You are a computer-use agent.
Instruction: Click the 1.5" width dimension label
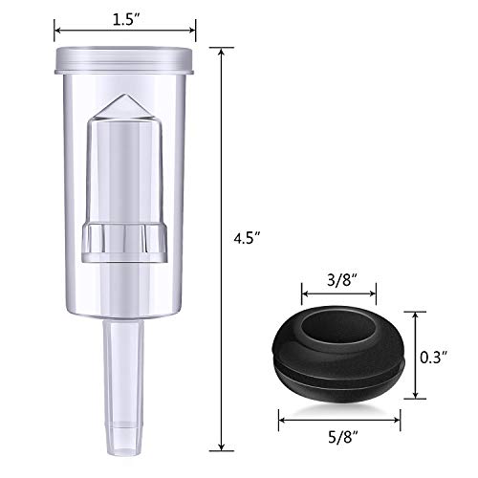click(x=126, y=20)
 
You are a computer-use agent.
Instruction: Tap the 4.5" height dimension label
click(x=248, y=238)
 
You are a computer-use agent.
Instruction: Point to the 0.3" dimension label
click(x=434, y=358)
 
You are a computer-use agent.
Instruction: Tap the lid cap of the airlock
click(x=124, y=60)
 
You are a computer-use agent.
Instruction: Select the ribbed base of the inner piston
click(x=124, y=243)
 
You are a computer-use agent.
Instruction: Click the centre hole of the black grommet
click(x=338, y=328)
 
